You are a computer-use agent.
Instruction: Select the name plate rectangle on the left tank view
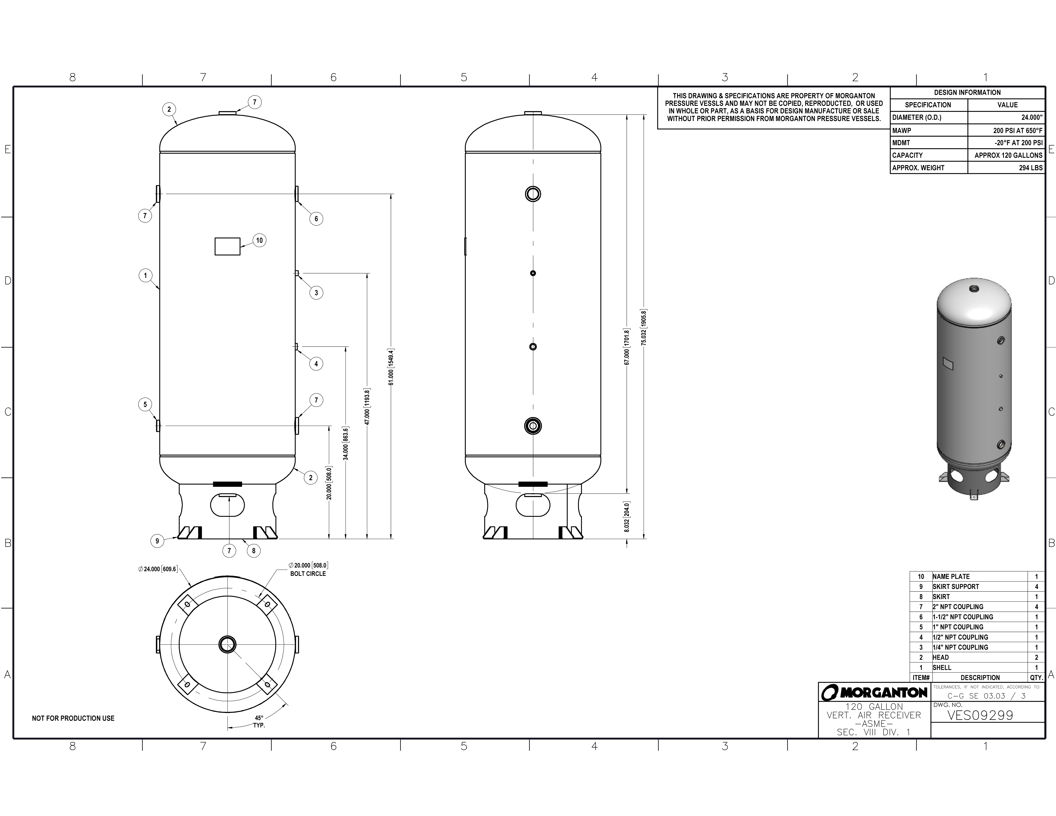[227, 246]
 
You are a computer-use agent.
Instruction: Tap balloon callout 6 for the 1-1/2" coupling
[316, 218]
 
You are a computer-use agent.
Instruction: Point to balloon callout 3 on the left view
[316, 292]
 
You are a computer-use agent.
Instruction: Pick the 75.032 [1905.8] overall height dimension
[644, 327]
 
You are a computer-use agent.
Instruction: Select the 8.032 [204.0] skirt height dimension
[627, 517]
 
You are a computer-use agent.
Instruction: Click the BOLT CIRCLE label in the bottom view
[308, 574]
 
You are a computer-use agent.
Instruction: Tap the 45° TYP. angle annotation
[259, 722]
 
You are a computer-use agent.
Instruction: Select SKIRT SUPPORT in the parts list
[955, 586]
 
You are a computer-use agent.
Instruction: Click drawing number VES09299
[980, 715]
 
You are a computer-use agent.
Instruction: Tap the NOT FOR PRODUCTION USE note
[73, 718]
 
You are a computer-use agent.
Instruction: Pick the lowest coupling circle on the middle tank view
[533, 426]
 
